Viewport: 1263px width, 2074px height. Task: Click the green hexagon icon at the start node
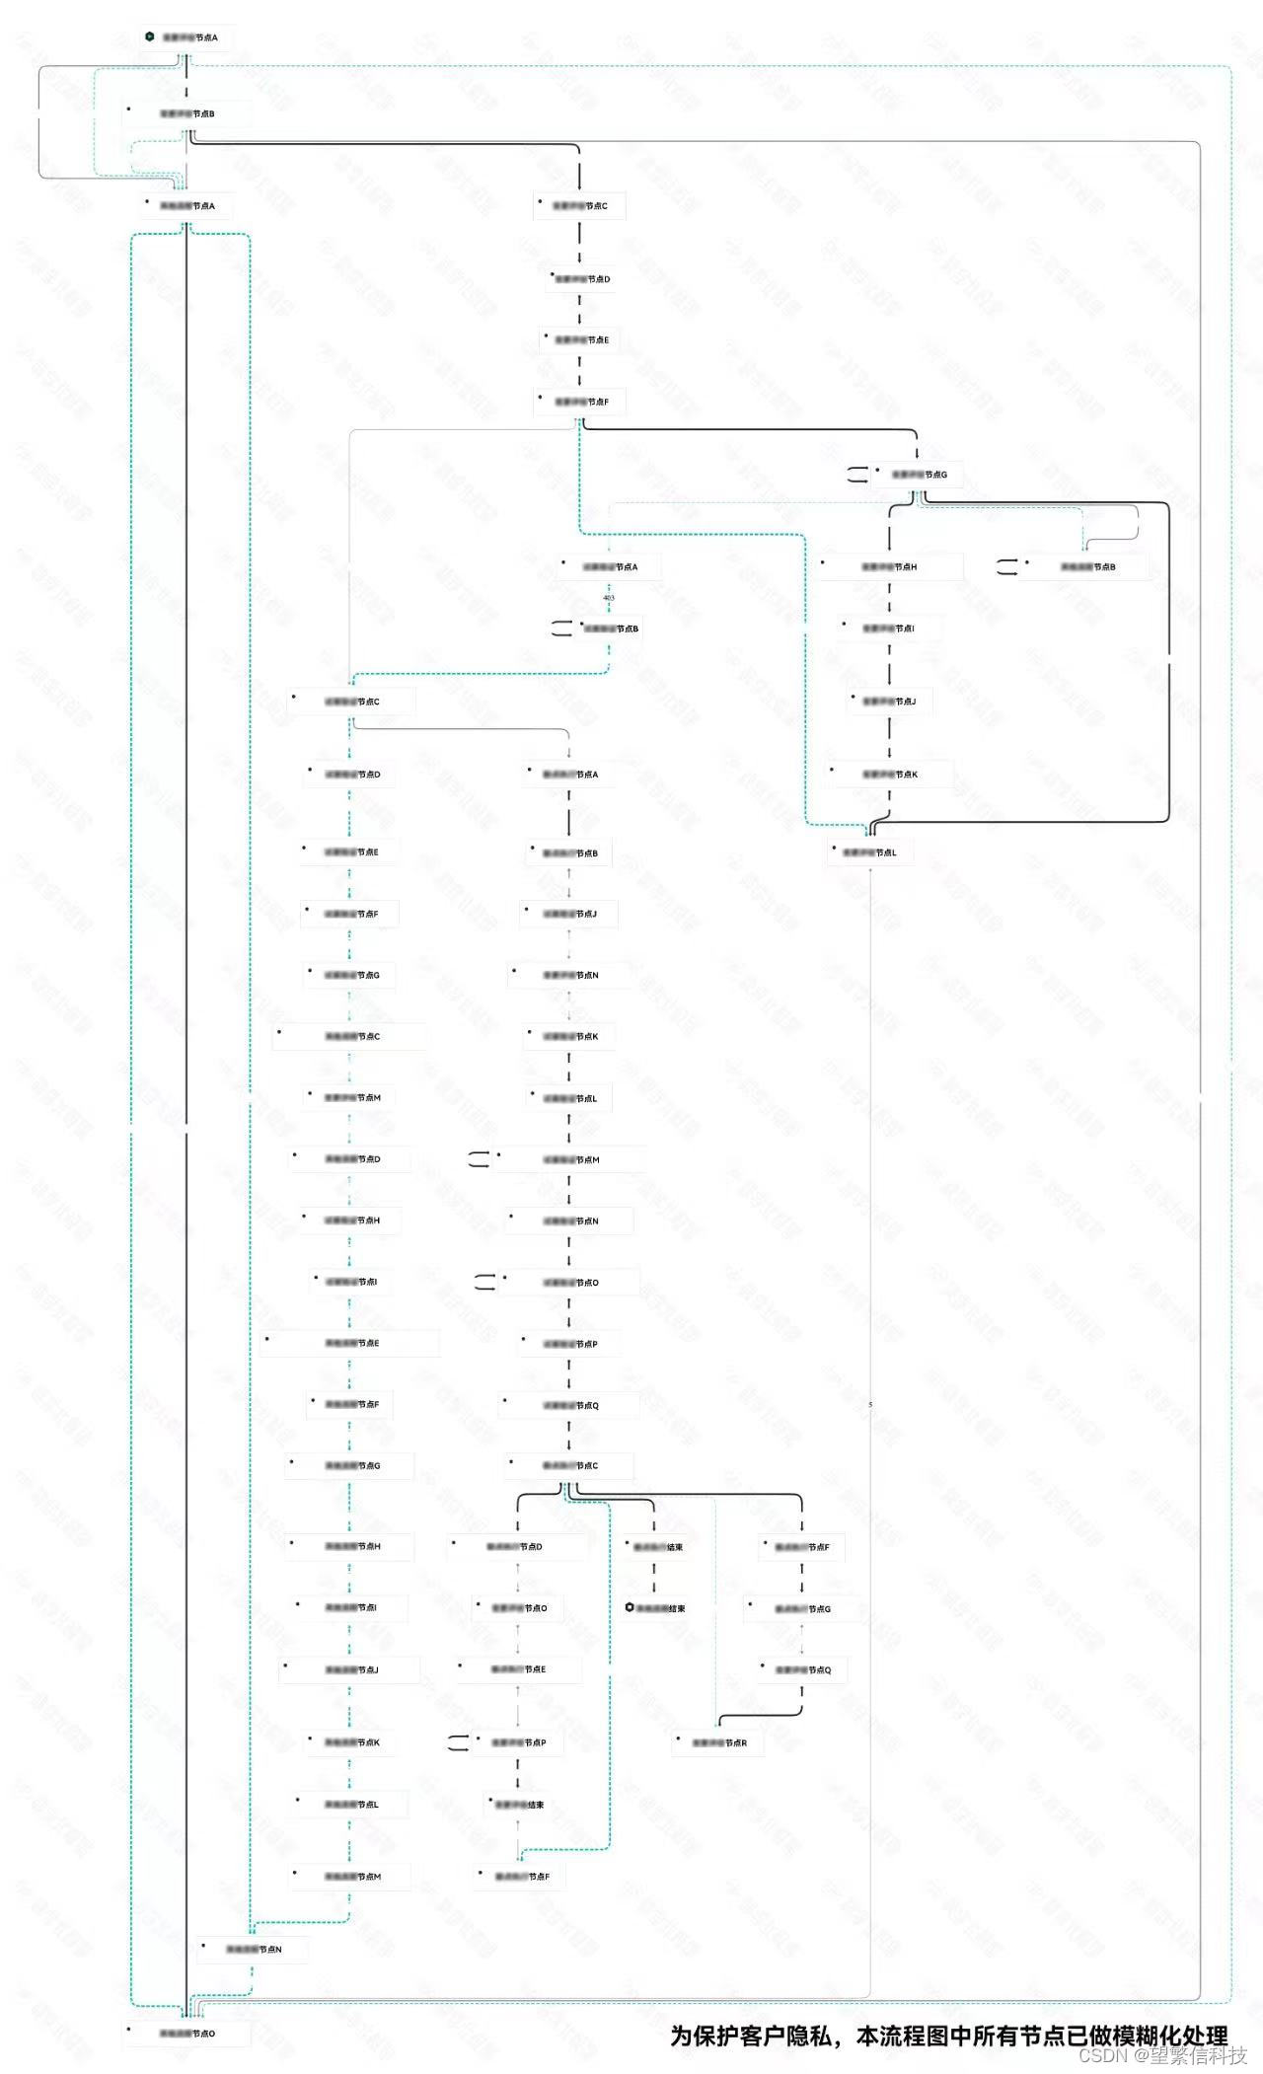pyautogui.click(x=149, y=37)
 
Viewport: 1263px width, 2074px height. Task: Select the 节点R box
pyautogui.click(x=719, y=1742)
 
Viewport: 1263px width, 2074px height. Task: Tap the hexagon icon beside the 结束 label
pyautogui.click(x=630, y=1607)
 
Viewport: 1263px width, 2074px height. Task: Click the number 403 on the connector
pyautogui.click(x=609, y=598)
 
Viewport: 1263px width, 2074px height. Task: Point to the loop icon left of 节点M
pyautogui.click(x=480, y=1159)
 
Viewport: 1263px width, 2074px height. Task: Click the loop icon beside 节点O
pyautogui.click(x=484, y=1282)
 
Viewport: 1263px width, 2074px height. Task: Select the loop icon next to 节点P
pyautogui.click(x=459, y=1742)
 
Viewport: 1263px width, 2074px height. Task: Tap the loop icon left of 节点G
pyautogui.click(x=858, y=475)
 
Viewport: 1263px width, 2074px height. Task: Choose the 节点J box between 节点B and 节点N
pyautogui.click(x=570, y=914)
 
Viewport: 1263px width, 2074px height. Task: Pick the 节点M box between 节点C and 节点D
pyautogui.click(x=353, y=1097)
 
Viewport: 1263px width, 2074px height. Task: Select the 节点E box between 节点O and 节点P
pyautogui.click(x=519, y=1668)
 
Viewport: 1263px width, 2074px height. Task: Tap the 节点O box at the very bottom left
pyautogui.click(x=187, y=2033)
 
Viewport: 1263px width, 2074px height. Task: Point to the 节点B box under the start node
pyautogui.click(x=187, y=113)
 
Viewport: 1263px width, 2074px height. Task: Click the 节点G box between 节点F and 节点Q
pyautogui.click(x=802, y=1608)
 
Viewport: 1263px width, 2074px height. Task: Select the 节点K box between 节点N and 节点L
pyautogui.click(x=570, y=1036)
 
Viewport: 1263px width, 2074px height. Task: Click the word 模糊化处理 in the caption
pyautogui.click(x=1170, y=2035)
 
